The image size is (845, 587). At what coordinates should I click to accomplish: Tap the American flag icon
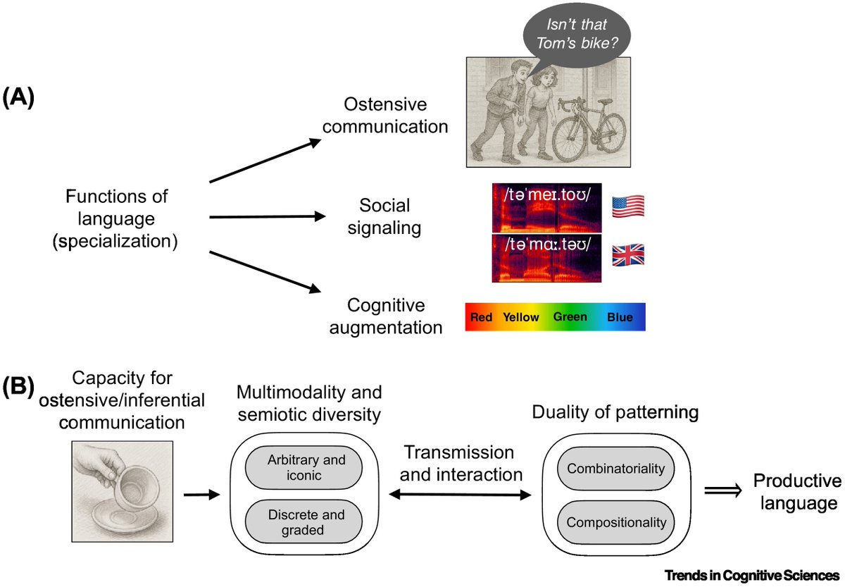click(x=628, y=206)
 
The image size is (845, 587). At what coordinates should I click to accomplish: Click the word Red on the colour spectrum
click(x=482, y=317)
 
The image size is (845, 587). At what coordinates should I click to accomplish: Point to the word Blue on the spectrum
click(x=620, y=317)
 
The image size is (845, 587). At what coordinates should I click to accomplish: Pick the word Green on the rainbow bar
click(x=570, y=317)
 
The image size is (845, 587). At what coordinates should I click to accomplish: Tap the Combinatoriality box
click(x=615, y=468)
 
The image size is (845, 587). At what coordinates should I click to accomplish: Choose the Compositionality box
click(x=615, y=522)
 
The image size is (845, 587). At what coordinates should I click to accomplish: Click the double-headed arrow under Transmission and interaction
click(x=465, y=495)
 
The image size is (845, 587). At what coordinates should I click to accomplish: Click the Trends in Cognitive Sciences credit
click(x=751, y=575)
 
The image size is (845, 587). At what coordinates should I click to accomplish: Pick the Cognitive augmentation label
click(x=386, y=317)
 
